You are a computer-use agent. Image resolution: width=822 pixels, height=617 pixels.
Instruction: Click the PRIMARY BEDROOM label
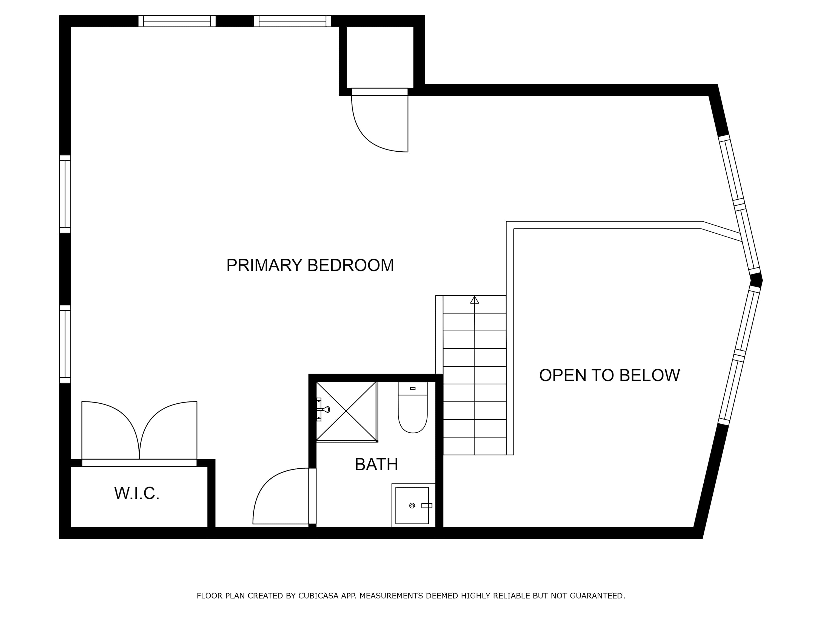(x=310, y=265)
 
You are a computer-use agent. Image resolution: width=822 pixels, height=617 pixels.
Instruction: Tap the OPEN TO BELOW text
(x=609, y=375)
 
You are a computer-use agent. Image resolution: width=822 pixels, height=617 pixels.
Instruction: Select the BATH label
(x=376, y=465)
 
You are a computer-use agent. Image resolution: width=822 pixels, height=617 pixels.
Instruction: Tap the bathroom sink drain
(x=412, y=505)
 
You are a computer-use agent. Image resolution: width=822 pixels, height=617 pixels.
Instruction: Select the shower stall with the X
(x=346, y=411)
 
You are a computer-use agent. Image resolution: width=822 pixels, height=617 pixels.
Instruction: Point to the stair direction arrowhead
(x=475, y=300)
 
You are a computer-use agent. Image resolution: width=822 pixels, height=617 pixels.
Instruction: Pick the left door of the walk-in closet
(x=111, y=430)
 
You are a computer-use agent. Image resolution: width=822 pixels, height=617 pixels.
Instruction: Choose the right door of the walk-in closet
(x=168, y=430)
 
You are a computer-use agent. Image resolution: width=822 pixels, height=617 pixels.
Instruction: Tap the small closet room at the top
(x=380, y=57)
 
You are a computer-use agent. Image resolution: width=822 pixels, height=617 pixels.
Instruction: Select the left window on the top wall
(x=177, y=21)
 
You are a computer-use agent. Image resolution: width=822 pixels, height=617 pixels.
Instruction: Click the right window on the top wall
(x=292, y=21)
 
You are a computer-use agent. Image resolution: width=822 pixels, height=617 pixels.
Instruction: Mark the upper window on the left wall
(x=65, y=194)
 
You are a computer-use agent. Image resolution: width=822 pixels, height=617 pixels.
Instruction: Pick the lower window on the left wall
(x=65, y=344)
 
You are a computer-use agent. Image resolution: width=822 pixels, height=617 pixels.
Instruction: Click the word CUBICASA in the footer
(x=318, y=596)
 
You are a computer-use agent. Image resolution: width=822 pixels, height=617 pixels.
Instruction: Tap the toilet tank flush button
(x=412, y=389)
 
